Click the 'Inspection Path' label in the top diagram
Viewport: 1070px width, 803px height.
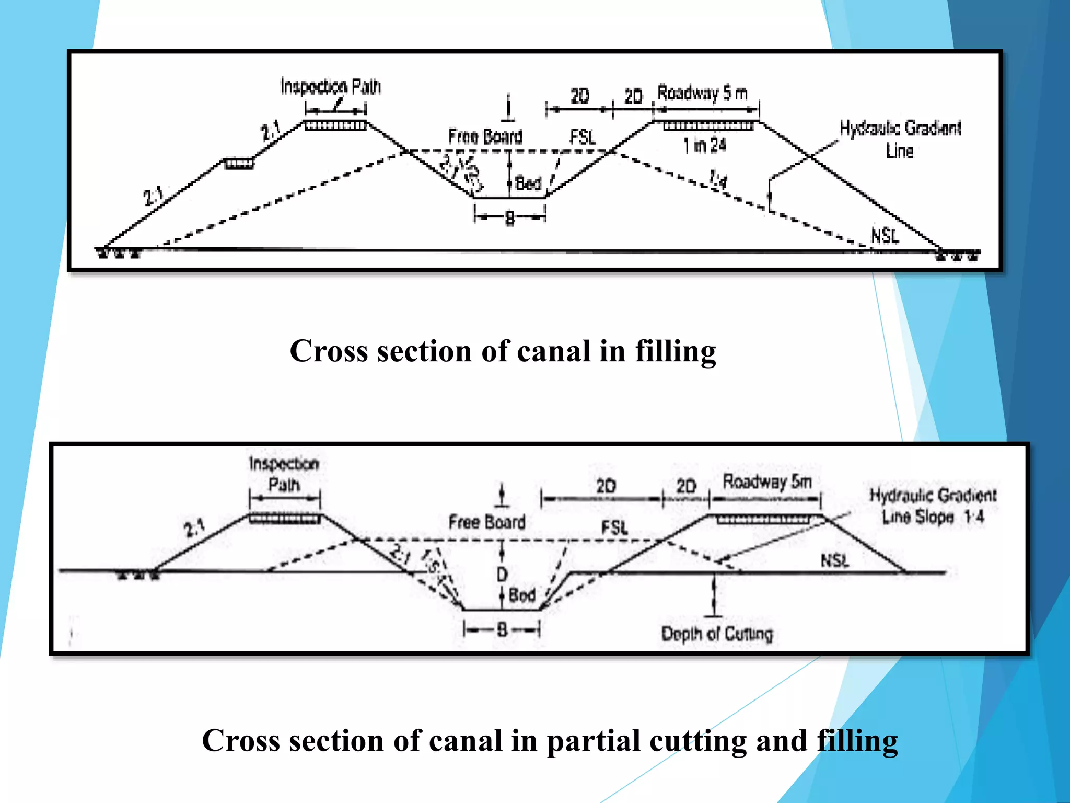[331, 86]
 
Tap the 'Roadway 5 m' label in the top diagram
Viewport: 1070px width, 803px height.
[702, 93]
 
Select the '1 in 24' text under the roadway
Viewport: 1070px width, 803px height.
[705, 145]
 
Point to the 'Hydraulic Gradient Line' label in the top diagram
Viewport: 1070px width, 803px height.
[900, 139]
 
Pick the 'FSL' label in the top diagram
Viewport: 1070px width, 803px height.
[583, 137]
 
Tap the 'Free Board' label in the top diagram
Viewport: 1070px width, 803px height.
[485, 137]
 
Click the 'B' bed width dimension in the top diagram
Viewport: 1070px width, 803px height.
[510, 219]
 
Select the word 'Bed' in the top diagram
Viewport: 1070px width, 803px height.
[528, 183]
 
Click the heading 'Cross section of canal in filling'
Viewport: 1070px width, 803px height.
[503, 351]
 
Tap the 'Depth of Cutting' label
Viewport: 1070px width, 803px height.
[717, 634]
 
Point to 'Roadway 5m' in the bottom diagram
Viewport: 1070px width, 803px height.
[767, 481]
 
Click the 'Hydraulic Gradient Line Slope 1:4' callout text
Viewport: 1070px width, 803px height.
[933, 506]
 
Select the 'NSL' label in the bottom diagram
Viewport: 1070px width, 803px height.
[834, 561]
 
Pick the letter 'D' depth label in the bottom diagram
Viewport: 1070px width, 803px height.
[502, 575]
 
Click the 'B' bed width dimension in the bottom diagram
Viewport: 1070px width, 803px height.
[502, 629]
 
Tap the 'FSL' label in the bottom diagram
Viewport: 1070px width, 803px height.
[614, 527]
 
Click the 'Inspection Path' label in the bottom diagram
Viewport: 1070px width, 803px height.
[284, 474]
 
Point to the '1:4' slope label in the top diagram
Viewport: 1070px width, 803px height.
[718, 181]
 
